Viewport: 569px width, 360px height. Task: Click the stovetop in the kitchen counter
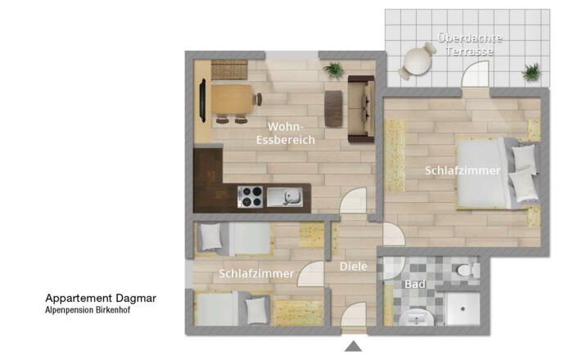250,197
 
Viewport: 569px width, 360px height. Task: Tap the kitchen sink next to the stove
285,197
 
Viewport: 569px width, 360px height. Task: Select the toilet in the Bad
468,270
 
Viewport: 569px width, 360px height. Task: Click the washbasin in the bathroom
416,318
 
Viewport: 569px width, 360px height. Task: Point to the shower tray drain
463,309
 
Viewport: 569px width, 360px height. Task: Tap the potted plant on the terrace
531,72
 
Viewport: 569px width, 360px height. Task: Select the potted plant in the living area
333,70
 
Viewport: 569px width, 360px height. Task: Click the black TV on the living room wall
202,101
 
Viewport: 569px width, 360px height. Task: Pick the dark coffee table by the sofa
333,108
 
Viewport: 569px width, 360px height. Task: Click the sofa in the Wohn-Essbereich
361,109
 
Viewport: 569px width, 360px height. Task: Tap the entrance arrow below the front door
353,346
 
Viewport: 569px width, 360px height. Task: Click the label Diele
354,267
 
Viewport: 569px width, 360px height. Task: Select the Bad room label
415,284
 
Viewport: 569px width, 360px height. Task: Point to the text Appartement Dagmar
101,299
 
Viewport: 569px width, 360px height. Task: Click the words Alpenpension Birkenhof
88,310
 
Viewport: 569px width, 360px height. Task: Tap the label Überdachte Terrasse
470,45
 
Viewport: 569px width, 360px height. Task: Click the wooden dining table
232,100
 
